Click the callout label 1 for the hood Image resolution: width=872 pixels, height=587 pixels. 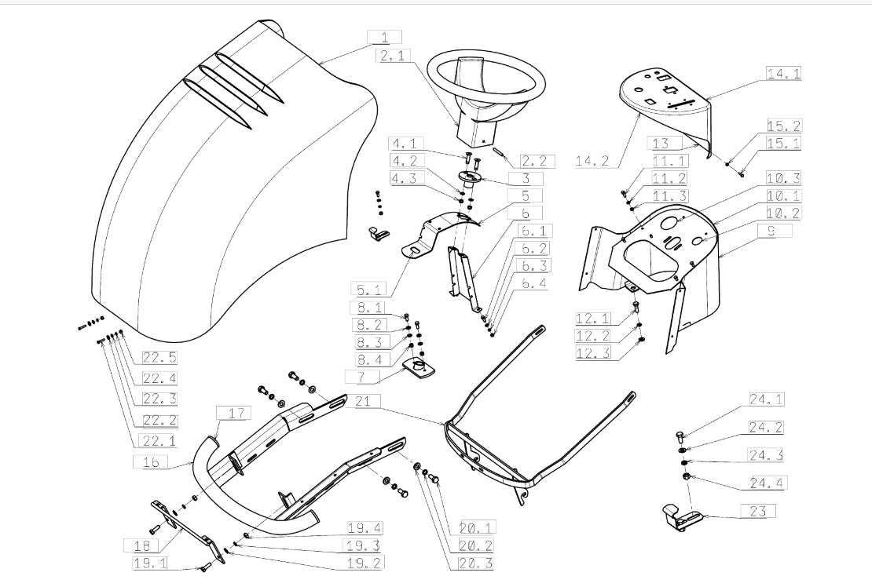tap(384, 38)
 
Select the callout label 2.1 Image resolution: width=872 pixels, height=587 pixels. tap(393, 56)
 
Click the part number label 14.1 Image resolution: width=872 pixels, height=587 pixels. tap(783, 73)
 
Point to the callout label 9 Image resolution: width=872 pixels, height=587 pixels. tap(771, 231)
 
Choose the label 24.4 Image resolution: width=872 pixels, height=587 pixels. tap(766, 483)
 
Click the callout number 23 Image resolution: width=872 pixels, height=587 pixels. tap(758, 511)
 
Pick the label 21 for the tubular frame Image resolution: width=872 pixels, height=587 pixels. tap(363, 401)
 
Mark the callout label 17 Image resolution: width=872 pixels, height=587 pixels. tap(236, 414)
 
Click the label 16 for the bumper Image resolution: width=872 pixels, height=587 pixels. tap(151, 461)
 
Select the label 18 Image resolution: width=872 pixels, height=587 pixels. tap(142, 546)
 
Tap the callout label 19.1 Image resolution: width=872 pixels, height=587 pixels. tap(150, 563)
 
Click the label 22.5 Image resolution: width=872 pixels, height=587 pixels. tap(159, 358)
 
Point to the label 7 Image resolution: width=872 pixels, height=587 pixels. tap(362, 377)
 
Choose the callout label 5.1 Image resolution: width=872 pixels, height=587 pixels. tap(368, 289)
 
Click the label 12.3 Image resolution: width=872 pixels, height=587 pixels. tap(593, 352)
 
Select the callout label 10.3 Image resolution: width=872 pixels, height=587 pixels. tap(783, 178)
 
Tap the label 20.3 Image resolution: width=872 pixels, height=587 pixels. tap(476, 563)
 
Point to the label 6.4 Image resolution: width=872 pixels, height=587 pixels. tap(533, 283)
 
